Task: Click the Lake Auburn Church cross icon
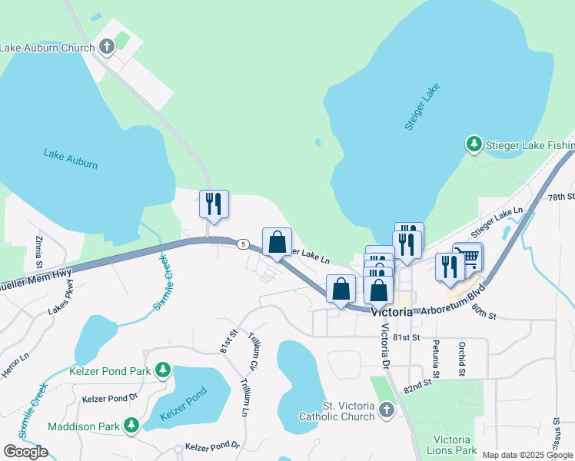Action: [x=107, y=47]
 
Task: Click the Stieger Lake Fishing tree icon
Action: [x=474, y=144]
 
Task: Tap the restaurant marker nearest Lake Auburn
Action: [x=214, y=204]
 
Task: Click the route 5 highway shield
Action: [x=243, y=244]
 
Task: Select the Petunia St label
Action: [x=435, y=359]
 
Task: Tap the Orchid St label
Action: [x=462, y=359]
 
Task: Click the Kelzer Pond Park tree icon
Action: [x=162, y=371]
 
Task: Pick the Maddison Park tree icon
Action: [x=131, y=425]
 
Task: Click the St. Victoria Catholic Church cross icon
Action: [x=386, y=410]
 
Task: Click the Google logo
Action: [x=26, y=451]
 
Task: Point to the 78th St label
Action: [x=561, y=197]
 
